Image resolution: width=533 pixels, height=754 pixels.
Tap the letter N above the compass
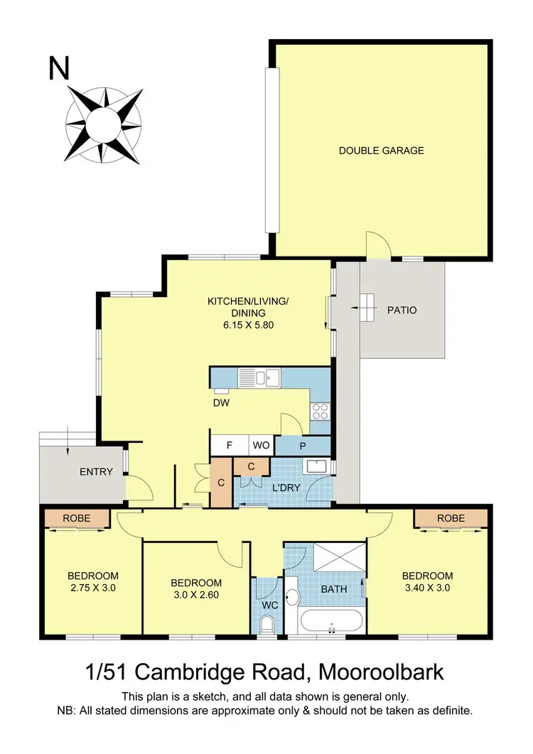pyautogui.click(x=60, y=69)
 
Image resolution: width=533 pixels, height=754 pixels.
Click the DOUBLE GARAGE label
pyautogui.click(x=381, y=151)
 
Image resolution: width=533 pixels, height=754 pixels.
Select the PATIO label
pyautogui.click(x=402, y=311)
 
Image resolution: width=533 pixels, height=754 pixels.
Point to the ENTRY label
pyautogui.click(x=96, y=471)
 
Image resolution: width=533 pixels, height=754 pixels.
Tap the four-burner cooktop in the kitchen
pyautogui.click(x=320, y=411)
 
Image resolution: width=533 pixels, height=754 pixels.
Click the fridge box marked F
pyautogui.click(x=229, y=446)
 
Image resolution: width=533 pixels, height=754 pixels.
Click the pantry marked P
pyautogui.click(x=303, y=446)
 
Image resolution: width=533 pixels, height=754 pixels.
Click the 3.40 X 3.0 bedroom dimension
pyautogui.click(x=426, y=588)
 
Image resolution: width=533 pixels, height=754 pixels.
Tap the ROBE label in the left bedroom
pyautogui.click(x=77, y=518)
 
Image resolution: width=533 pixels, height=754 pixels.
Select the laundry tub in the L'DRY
pyautogui.click(x=316, y=466)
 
